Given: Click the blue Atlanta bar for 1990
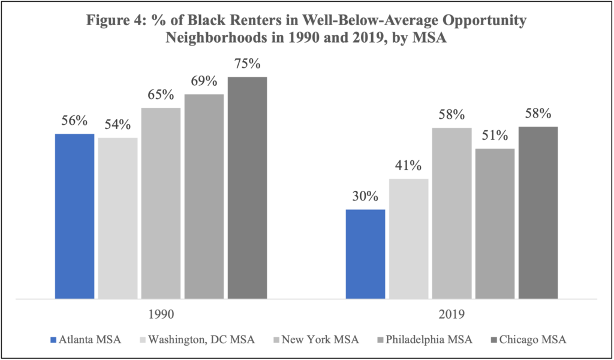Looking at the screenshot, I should pyautogui.click(x=74, y=216).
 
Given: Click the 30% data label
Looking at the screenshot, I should pyautogui.click(x=365, y=197).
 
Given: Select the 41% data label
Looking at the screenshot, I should pyautogui.click(x=408, y=166).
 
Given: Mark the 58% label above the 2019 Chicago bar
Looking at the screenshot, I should pyautogui.click(x=538, y=114).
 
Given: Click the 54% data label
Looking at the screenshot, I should pyautogui.click(x=118, y=125).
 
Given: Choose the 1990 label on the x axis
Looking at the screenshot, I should pyautogui.click(x=161, y=314).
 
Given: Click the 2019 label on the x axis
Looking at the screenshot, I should pyautogui.click(x=452, y=314).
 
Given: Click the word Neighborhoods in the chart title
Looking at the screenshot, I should pyautogui.click(x=209, y=37).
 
